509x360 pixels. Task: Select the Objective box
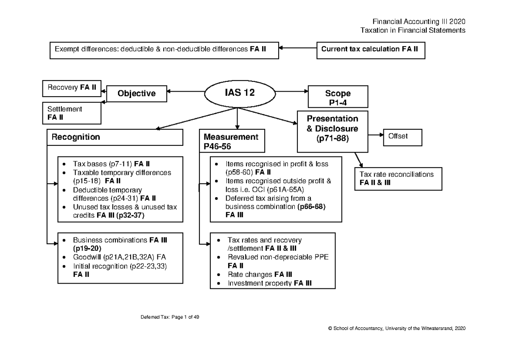tap(137, 93)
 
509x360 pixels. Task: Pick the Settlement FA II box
tap(72, 113)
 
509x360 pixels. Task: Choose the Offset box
tap(403, 137)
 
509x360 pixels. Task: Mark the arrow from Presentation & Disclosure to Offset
tap(375, 135)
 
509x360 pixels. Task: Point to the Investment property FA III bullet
tap(269, 284)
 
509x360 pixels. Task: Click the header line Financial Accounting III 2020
tap(419, 22)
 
